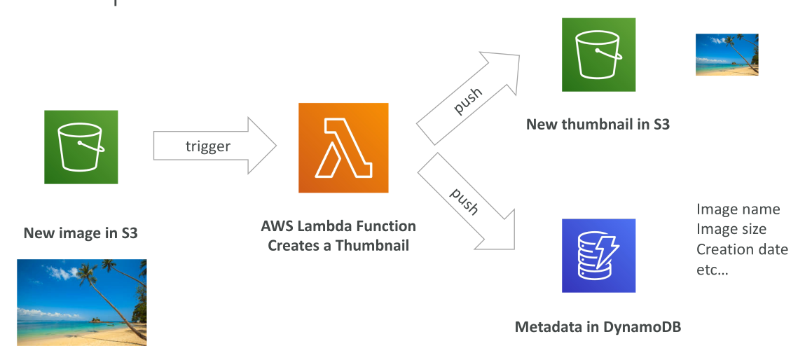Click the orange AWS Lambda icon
[x=343, y=148]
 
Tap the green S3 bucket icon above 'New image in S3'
[x=81, y=146]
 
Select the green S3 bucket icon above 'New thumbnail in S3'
[x=598, y=55]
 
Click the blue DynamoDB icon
[x=598, y=256]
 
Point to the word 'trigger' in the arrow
[x=207, y=146]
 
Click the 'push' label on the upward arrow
[x=468, y=100]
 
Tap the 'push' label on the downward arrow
[x=464, y=200]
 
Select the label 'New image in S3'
[x=81, y=233]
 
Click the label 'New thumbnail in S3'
[x=598, y=124]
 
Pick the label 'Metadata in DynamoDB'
[x=598, y=327]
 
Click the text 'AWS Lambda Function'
[x=338, y=226]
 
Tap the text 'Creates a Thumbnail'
[x=338, y=245]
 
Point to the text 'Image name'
[x=738, y=209]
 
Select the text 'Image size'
[x=731, y=229]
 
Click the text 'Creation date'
[x=742, y=249]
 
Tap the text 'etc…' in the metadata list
[x=712, y=270]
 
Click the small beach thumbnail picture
[x=727, y=55]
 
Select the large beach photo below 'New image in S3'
[x=82, y=303]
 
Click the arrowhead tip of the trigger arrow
[x=276, y=146]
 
